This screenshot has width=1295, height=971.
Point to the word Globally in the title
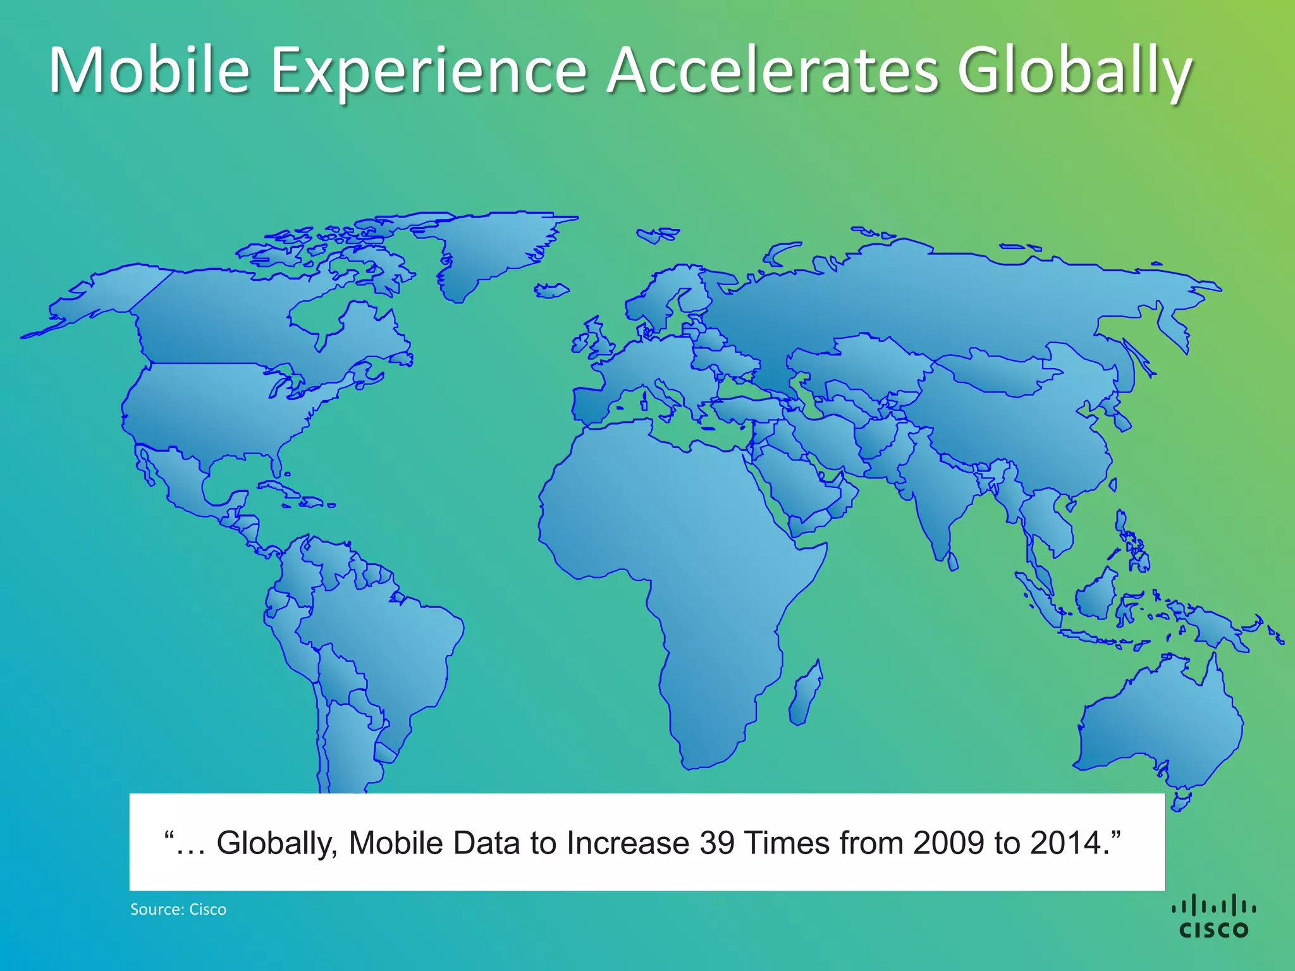tap(1074, 71)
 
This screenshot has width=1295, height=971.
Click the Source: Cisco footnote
tap(178, 910)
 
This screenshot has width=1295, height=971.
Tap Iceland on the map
tap(552, 290)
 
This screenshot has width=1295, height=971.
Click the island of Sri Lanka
tap(953, 561)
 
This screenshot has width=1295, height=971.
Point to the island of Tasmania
tap(1181, 802)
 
